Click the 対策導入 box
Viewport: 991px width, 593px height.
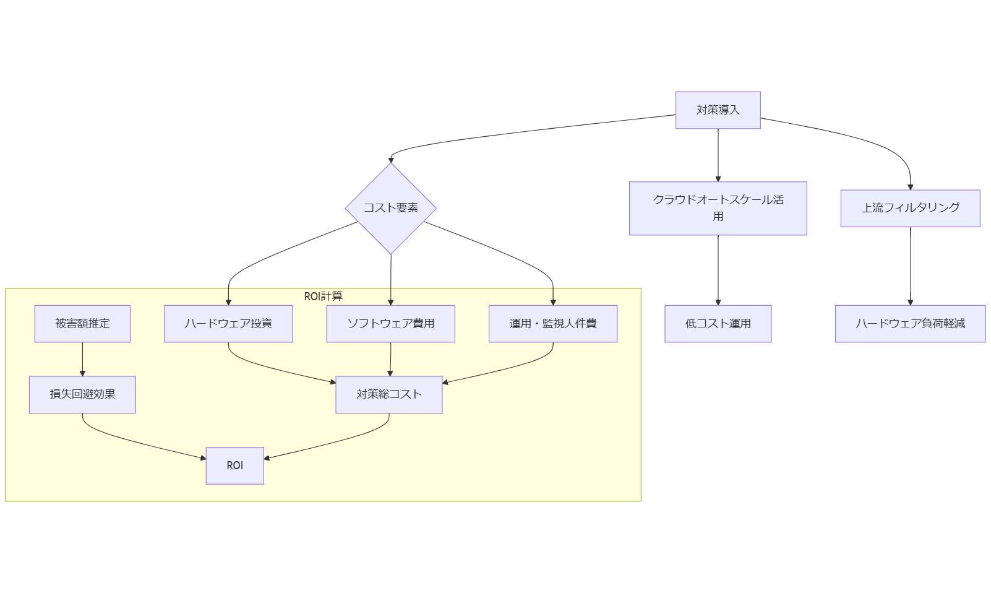pos(718,110)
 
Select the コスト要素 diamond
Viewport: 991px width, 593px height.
pos(390,208)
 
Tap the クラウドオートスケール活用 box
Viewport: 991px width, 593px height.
pos(718,208)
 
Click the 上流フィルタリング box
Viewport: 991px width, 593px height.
pos(910,208)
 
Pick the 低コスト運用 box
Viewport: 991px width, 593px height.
pos(718,323)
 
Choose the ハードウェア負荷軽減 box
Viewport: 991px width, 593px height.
pos(910,323)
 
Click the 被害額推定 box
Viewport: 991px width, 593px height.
pos(82,323)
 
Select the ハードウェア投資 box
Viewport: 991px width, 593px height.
pos(228,323)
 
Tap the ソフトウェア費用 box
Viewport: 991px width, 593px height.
pos(390,323)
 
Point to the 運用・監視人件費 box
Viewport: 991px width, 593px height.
pos(552,323)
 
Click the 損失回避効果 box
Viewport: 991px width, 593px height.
pos(82,394)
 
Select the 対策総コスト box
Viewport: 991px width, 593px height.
pos(388,394)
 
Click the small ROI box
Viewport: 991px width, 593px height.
pos(234,465)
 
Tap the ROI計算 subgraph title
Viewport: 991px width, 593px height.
pos(323,296)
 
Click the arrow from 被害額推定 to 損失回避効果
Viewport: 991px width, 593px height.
pos(82,359)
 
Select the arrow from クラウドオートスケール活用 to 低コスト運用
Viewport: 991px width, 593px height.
pos(718,269)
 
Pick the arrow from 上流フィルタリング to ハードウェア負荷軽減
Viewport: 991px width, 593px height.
pos(910,266)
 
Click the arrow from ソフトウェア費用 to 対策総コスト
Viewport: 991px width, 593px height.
pos(390,359)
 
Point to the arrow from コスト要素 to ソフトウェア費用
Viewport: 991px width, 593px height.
pos(390,279)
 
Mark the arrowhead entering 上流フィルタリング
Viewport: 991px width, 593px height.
pos(910,186)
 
